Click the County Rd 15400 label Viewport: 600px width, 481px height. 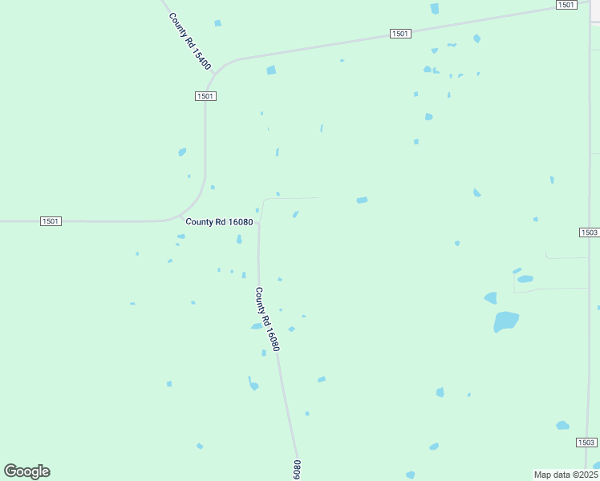(190, 41)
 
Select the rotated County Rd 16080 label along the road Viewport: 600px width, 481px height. (267, 319)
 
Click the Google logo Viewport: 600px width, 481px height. (26, 471)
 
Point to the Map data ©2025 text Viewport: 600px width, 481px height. (566, 475)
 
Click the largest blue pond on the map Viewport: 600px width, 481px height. (506, 321)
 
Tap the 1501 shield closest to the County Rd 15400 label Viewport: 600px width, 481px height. (205, 95)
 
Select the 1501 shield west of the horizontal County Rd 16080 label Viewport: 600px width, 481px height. (50, 220)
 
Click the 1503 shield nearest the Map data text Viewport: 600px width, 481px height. (586, 443)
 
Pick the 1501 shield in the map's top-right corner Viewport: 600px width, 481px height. (566, 5)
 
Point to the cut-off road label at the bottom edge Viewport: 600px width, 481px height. (297, 470)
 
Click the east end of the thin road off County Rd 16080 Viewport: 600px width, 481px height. (318, 197)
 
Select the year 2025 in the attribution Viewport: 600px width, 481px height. (587, 475)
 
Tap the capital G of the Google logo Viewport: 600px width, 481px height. (11, 471)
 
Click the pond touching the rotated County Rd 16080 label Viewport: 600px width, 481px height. (257, 325)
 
